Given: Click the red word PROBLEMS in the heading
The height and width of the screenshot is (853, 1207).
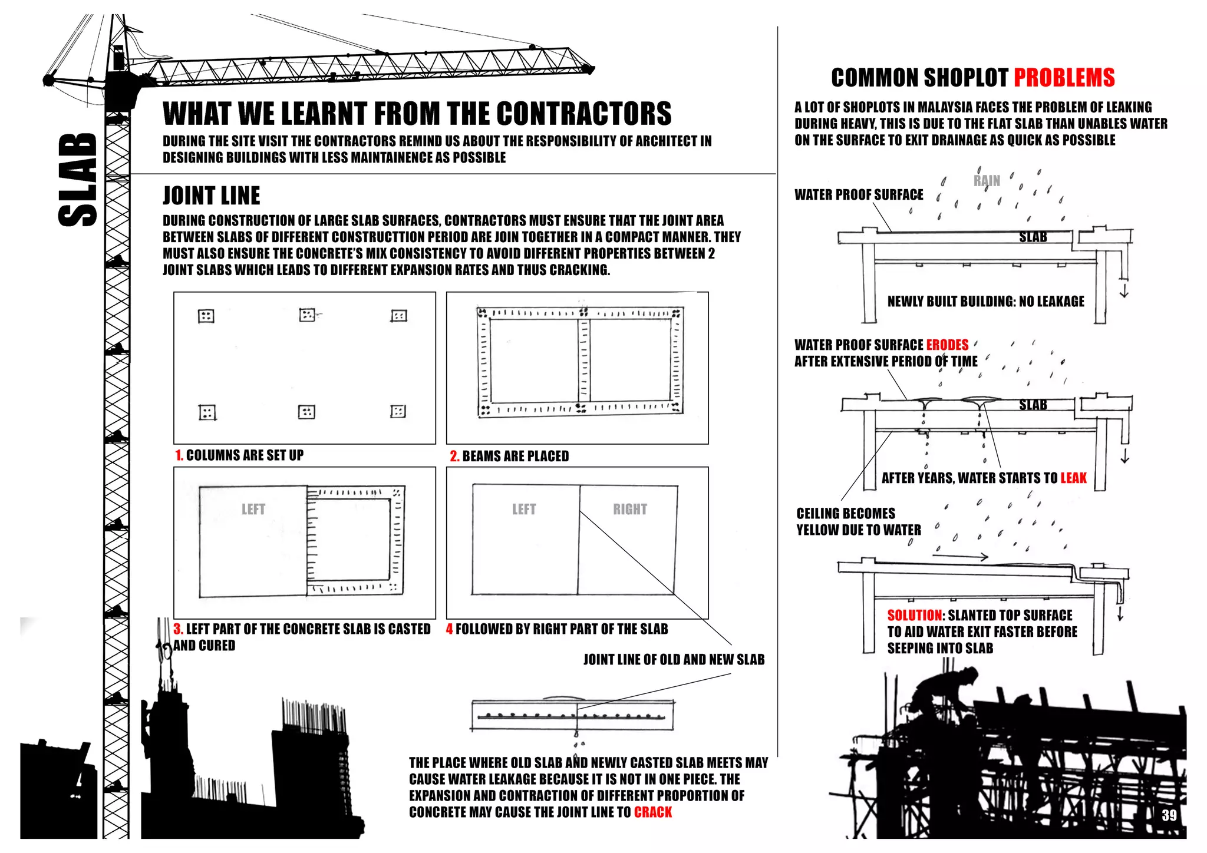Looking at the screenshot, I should click(x=1064, y=78).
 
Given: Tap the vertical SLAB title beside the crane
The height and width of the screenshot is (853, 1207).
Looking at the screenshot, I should click(x=78, y=180).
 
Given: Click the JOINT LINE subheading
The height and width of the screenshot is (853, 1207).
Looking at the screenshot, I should click(x=211, y=196).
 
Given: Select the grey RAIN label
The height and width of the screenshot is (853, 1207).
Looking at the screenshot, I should click(x=987, y=181).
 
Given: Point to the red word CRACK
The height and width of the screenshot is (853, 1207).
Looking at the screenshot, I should click(x=652, y=812).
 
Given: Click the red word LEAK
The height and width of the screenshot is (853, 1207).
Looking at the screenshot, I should click(x=1073, y=478).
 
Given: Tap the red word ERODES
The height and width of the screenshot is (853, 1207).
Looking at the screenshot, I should click(x=947, y=345).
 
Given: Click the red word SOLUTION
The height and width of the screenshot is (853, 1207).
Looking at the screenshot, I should click(x=914, y=615).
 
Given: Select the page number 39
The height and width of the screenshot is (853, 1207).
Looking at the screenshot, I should click(x=1169, y=815).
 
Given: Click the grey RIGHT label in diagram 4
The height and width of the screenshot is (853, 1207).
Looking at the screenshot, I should click(x=629, y=509).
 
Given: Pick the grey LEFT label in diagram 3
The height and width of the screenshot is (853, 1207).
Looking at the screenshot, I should click(x=253, y=509).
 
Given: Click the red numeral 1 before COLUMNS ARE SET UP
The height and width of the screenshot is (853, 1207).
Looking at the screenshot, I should click(x=179, y=455).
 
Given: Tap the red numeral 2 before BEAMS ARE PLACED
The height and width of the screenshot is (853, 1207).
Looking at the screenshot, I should click(x=454, y=457).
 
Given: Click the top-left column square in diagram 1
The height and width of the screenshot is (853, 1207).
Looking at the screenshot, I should click(x=206, y=316).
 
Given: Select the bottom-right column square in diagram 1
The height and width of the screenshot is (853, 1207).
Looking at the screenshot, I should click(x=398, y=411).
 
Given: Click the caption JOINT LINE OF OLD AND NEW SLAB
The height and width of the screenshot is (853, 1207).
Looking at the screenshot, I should click(x=674, y=660).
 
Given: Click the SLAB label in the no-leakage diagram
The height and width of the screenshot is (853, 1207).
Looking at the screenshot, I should click(x=1033, y=237).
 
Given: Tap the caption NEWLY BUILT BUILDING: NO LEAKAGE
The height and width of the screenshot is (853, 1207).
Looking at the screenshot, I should click(x=985, y=302).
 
